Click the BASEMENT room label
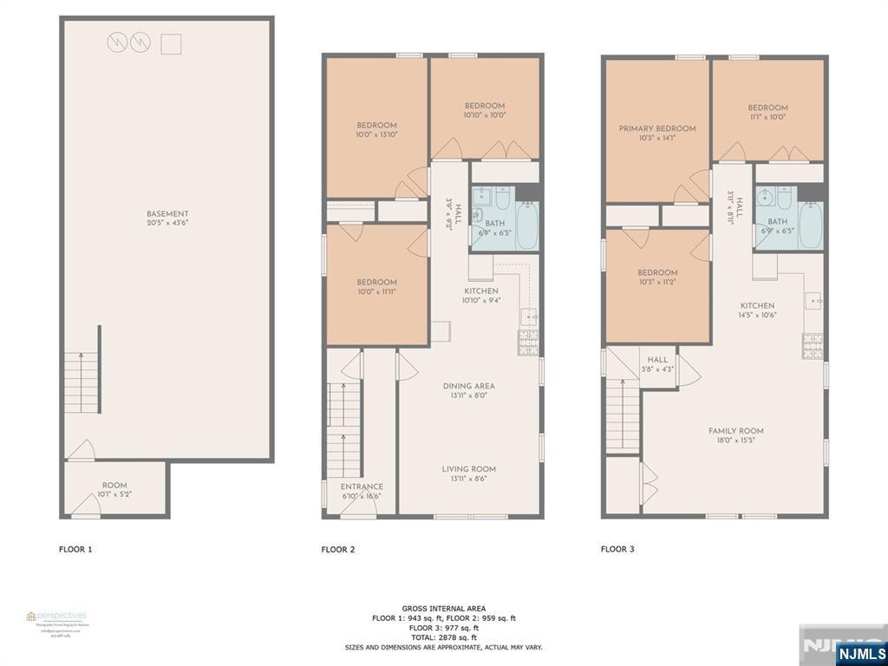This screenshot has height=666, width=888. (167, 214)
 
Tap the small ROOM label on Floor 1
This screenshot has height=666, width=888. (114, 486)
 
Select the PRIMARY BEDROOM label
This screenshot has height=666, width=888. (657, 128)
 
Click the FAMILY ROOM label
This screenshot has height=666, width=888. (735, 431)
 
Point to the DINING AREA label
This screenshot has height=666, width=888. (468, 386)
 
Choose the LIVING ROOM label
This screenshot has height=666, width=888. (468, 469)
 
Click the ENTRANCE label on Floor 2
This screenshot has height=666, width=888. (362, 486)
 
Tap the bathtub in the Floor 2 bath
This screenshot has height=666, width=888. (526, 226)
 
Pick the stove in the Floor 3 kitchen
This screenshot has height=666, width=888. (813, 347)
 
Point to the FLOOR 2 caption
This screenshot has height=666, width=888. (337, 550)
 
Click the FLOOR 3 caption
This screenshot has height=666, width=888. (617, 549)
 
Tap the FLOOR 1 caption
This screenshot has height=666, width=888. (75, 549)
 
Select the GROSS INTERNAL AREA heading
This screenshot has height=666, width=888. (443, 608)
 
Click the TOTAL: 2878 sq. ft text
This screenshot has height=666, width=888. (443, 637)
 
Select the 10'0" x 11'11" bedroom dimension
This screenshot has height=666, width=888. (376, 292)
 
